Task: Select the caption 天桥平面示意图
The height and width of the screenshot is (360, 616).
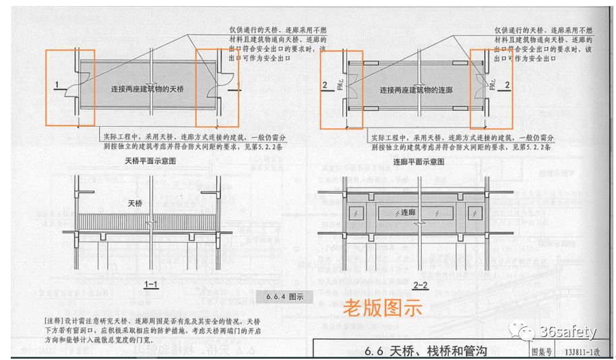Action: pyautogui.click(x=150, y=162)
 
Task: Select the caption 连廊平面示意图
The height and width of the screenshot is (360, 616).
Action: pyautogui.click(x=418, y=162)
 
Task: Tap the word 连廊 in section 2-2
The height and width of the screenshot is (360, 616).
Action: pyautogui.click(x=408, y=212)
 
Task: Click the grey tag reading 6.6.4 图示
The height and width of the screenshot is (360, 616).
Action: pyautogui.click(x=280, y=295)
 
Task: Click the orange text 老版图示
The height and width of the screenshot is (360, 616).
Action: pyautogui.click(x=382, y=308)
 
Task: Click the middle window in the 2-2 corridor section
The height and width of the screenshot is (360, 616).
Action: pyautogui.click(x=408, y=213)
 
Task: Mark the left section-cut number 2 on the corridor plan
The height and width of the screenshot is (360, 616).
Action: pyautogui.click(x=325, y=85)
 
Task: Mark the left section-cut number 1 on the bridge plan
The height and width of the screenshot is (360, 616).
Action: pyautogui.click(x=58, y=84)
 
